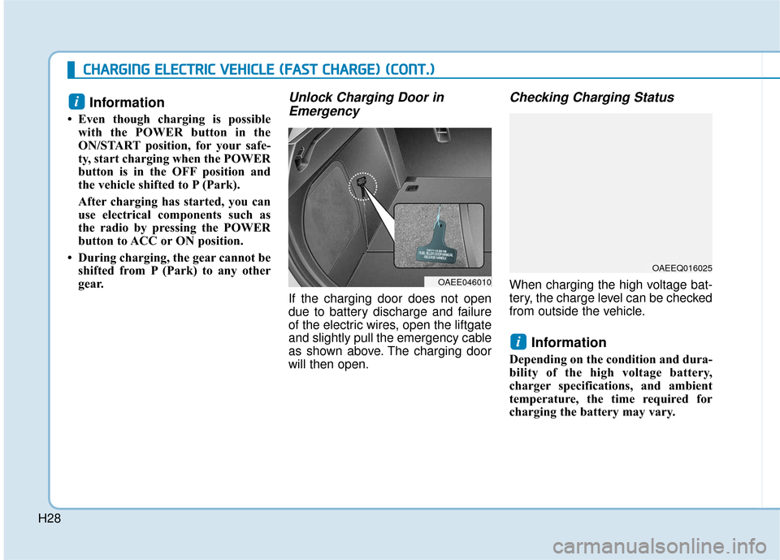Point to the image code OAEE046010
tap(459, 281)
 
